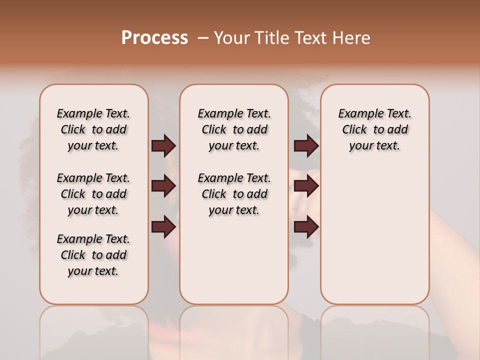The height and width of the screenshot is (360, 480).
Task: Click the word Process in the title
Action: (154, 38)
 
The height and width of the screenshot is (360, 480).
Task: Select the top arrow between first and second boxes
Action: (163, 146)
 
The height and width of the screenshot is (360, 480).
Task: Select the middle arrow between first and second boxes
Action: (163, 186)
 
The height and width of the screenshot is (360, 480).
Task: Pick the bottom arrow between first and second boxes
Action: (163, 227)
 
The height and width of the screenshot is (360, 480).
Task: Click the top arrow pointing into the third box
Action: (306, 146)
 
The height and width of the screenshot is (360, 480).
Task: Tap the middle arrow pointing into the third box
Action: (306, 186)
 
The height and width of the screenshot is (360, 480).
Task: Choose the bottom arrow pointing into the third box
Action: (306, 227)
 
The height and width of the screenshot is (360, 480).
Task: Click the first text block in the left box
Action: (93, 129)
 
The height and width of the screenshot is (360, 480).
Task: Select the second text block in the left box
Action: (93, 194)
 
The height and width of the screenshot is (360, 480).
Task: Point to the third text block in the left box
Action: (93, 255)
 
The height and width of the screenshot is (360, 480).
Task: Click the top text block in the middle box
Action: (234, 129)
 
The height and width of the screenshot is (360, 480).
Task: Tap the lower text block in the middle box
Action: (234, 194)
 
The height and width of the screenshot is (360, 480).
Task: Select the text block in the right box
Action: (374, 129)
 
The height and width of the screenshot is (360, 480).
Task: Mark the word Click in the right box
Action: (354, 130)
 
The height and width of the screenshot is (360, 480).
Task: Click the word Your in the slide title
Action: (232, 38)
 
